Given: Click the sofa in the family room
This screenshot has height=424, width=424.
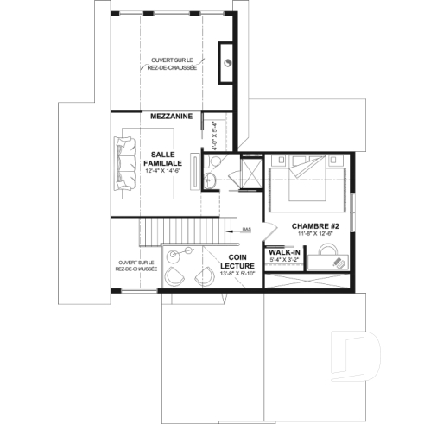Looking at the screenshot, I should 123,161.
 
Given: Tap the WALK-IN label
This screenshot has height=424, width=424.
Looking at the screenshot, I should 284,252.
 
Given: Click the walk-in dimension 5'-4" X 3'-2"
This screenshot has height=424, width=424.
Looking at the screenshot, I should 284,260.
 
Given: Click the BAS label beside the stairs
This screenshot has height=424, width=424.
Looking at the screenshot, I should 246,230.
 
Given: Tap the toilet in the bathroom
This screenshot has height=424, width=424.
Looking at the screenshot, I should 212,179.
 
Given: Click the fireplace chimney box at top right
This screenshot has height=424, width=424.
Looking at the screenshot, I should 228,61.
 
